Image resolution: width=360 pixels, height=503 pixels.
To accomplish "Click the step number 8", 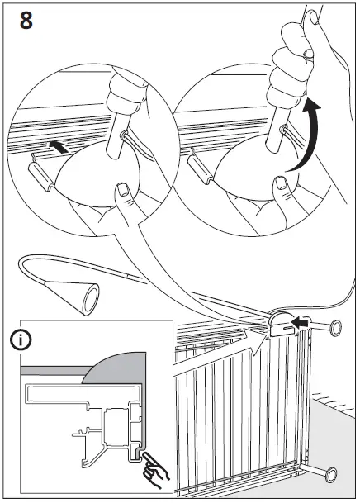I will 26,21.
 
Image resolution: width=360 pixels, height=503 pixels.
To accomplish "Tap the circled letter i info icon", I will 20,339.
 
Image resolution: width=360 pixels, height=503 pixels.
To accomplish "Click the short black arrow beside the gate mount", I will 303,323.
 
